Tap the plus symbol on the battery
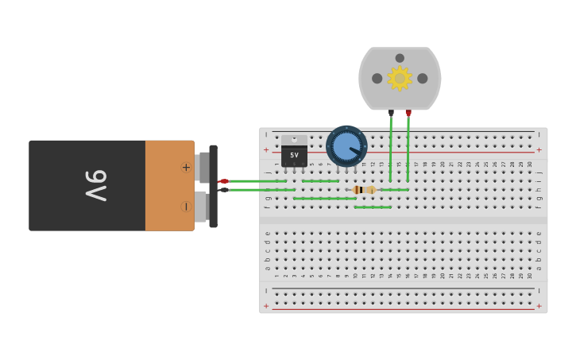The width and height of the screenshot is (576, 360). (x=186, y=167)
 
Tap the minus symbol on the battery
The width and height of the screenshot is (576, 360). (x=186, y=207)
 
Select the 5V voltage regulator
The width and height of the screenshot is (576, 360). (x=294, y=152)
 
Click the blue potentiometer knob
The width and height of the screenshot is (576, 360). (x=346, y=146)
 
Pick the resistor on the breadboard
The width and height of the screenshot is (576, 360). (x=364, y=190)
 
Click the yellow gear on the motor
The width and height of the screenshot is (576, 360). (x=399, y=78)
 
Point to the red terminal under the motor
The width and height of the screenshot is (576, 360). (x=408, y=113)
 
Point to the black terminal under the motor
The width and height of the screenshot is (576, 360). (x=391, y=113)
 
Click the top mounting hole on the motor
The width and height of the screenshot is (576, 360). (x=400, y=58)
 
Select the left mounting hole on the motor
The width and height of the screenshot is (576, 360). (x=377, y=79)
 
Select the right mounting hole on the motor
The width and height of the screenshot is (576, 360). (x=423, y=79)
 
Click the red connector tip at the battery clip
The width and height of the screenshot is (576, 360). (x=224, y=181)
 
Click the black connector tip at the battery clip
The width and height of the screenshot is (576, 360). (x=224, y=190)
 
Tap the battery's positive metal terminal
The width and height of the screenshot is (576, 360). (x=204, y=167)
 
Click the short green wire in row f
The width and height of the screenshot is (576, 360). (x=373, y=207)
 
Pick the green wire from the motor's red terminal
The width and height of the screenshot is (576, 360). (x=408, y=147)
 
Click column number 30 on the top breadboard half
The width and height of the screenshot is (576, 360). (x=530, y=165)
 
